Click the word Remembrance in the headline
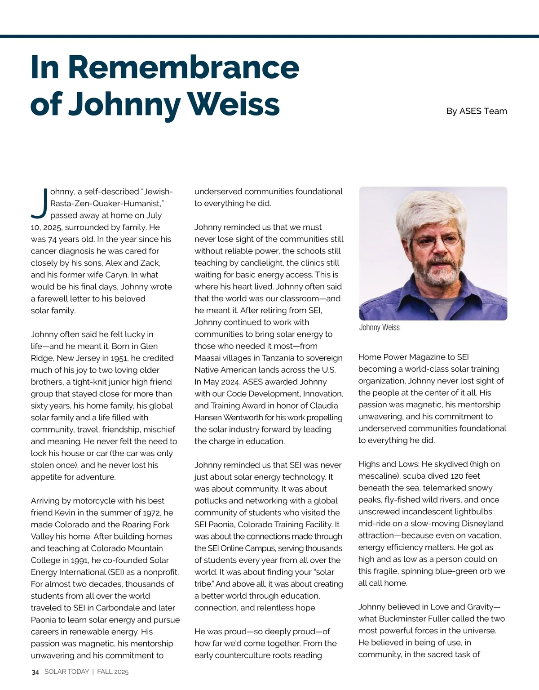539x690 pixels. (184, 67)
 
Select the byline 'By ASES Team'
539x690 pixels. (477, 111)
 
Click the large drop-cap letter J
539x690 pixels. (40, 202)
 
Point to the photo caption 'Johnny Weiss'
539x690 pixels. (379, 328)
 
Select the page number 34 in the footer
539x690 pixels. (35, 672)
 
